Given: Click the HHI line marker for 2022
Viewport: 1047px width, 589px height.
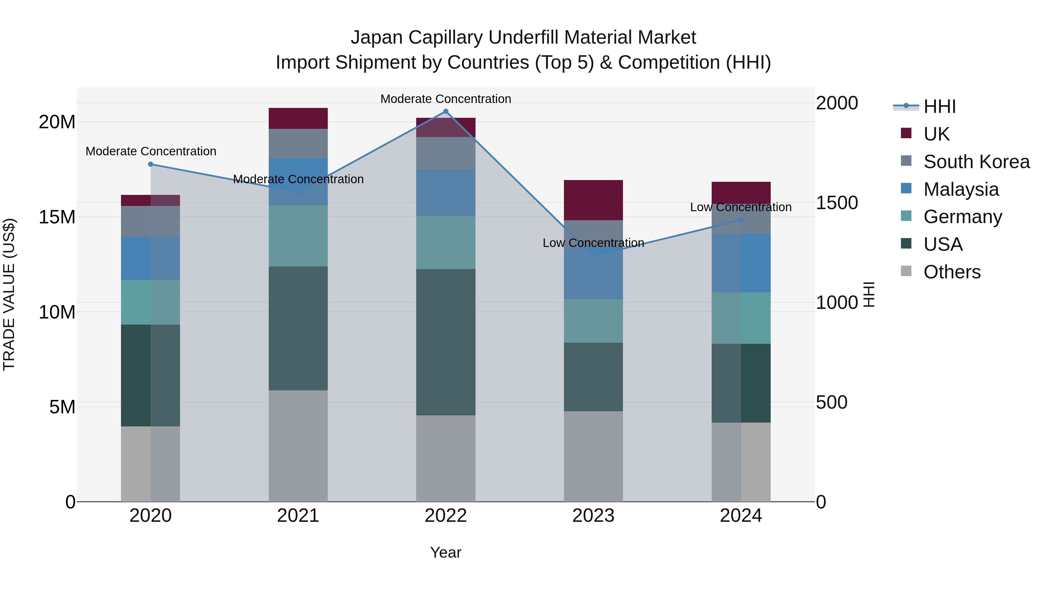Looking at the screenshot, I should pos(446,111).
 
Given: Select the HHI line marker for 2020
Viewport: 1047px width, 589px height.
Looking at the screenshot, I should pos(150,164).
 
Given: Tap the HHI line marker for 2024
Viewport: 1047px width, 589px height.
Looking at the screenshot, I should pos(741,220).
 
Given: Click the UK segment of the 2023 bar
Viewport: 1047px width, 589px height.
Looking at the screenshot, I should pos(593,200).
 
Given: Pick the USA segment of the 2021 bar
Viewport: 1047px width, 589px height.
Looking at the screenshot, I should pos(298,328).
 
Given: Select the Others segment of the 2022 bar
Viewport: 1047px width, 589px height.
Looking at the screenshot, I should pos(446,458).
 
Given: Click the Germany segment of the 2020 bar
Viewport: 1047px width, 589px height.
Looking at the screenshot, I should pos(150,302).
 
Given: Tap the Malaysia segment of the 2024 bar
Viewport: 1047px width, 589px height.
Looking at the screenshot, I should pos(741,263).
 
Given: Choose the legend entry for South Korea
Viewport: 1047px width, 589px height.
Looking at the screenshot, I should pos(976,162).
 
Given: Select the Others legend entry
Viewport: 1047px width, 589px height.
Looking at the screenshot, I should pos(952,272).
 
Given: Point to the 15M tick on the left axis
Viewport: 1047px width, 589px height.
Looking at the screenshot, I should pos(57,217).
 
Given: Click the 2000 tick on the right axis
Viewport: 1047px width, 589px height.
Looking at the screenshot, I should pos(836,103).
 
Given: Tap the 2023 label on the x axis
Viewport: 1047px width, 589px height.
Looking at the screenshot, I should pos(593,516).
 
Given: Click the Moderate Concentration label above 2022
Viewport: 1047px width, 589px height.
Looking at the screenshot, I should pos(446,99).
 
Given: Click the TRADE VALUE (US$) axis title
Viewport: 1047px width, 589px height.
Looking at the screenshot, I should pos(9,294).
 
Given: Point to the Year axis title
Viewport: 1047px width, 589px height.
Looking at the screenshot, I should pos(446,552).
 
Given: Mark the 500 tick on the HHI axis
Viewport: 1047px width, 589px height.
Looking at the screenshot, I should pos(831,403).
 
